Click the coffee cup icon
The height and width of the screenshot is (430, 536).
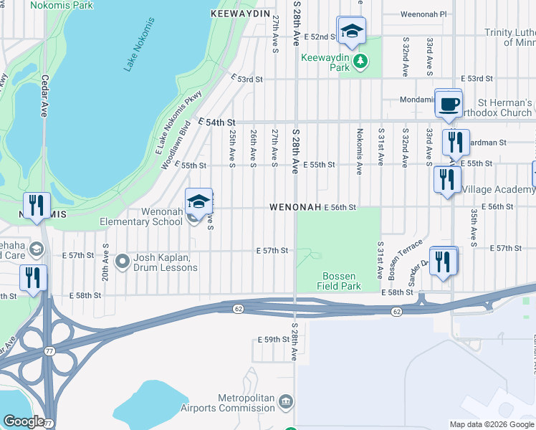449,105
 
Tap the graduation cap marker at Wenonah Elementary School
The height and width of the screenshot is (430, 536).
198,201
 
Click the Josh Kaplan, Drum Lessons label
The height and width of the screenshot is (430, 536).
165,263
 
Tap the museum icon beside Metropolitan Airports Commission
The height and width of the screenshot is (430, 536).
286,401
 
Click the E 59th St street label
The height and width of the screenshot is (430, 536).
274,339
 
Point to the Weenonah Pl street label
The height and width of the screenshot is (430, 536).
423,14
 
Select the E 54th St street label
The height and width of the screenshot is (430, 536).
216,123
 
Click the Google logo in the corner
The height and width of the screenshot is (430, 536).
23,422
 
